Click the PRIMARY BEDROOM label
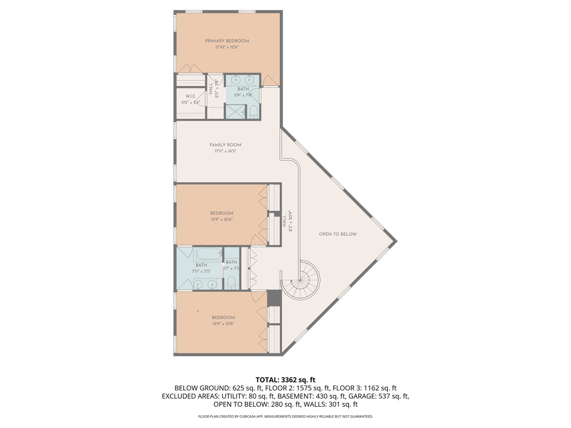click(x=227, y=41)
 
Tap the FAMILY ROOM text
click(x=225, y=145)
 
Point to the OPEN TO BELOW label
click(x=337, y=234)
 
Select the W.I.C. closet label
click(x=190, y=97)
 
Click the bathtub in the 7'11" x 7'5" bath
click(x=207, y=254)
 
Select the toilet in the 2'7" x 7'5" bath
click(x=231, y=281)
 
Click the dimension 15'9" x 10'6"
click(x=222, y=220)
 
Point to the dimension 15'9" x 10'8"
click(x=223, y=324)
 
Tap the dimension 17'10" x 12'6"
click(x=227, y=47)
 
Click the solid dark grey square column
click(x=274, y=298)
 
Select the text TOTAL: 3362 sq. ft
click(x=285, y=379)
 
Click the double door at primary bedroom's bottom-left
click(x=186, y=69)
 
